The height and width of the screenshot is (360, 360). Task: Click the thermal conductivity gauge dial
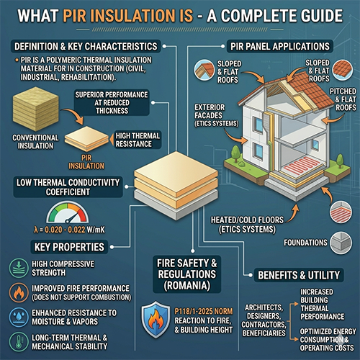click(x=68, y=213)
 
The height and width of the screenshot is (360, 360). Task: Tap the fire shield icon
click(x=156, y=320)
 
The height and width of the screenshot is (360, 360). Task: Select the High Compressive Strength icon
click(x=19, y=268)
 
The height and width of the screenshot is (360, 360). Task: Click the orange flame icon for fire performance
click(x=19, y=292)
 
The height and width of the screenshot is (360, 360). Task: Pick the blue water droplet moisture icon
click(x=19, y=317)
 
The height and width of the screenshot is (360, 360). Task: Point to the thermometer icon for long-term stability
click(x=19, y=342)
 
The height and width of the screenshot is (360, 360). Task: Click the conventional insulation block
click(x=36, y=109)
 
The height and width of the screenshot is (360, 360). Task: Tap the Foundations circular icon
click(x=341, y=243)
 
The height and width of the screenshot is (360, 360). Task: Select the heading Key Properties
click(x=69, y=247)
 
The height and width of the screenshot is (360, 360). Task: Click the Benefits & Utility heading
click(x=299, y=275)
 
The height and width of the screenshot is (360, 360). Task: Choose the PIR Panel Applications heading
click(x=280, y=46)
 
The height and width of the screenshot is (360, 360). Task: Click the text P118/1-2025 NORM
click(x=204, y=311)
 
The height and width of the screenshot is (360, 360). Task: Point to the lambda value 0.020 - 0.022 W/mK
click(x=69, y=230)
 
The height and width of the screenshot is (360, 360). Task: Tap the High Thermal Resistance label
click(x=138, y=140)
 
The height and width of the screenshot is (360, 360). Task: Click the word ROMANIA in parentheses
click(x=187, y=285)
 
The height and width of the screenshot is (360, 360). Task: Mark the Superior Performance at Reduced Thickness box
click(x=112, y=103)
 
